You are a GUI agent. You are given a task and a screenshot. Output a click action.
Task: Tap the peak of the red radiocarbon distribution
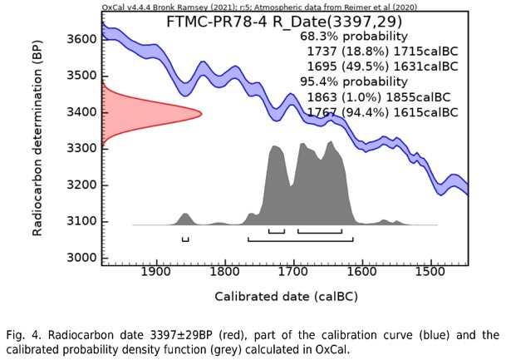(x=200, y=114)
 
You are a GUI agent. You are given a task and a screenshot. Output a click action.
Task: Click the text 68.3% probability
(x=353, y=37)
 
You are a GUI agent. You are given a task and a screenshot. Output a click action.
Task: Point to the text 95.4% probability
(x=353, y=81)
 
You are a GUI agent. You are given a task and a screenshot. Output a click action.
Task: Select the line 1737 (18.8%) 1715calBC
(x=382, y=52)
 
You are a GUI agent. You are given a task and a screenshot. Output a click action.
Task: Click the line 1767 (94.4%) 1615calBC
(x=382, y=111)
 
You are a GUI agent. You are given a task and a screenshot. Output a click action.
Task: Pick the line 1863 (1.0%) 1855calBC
(x=382, y=96)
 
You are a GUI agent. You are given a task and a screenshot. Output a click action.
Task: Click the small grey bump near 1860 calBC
(x=185, y=219)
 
